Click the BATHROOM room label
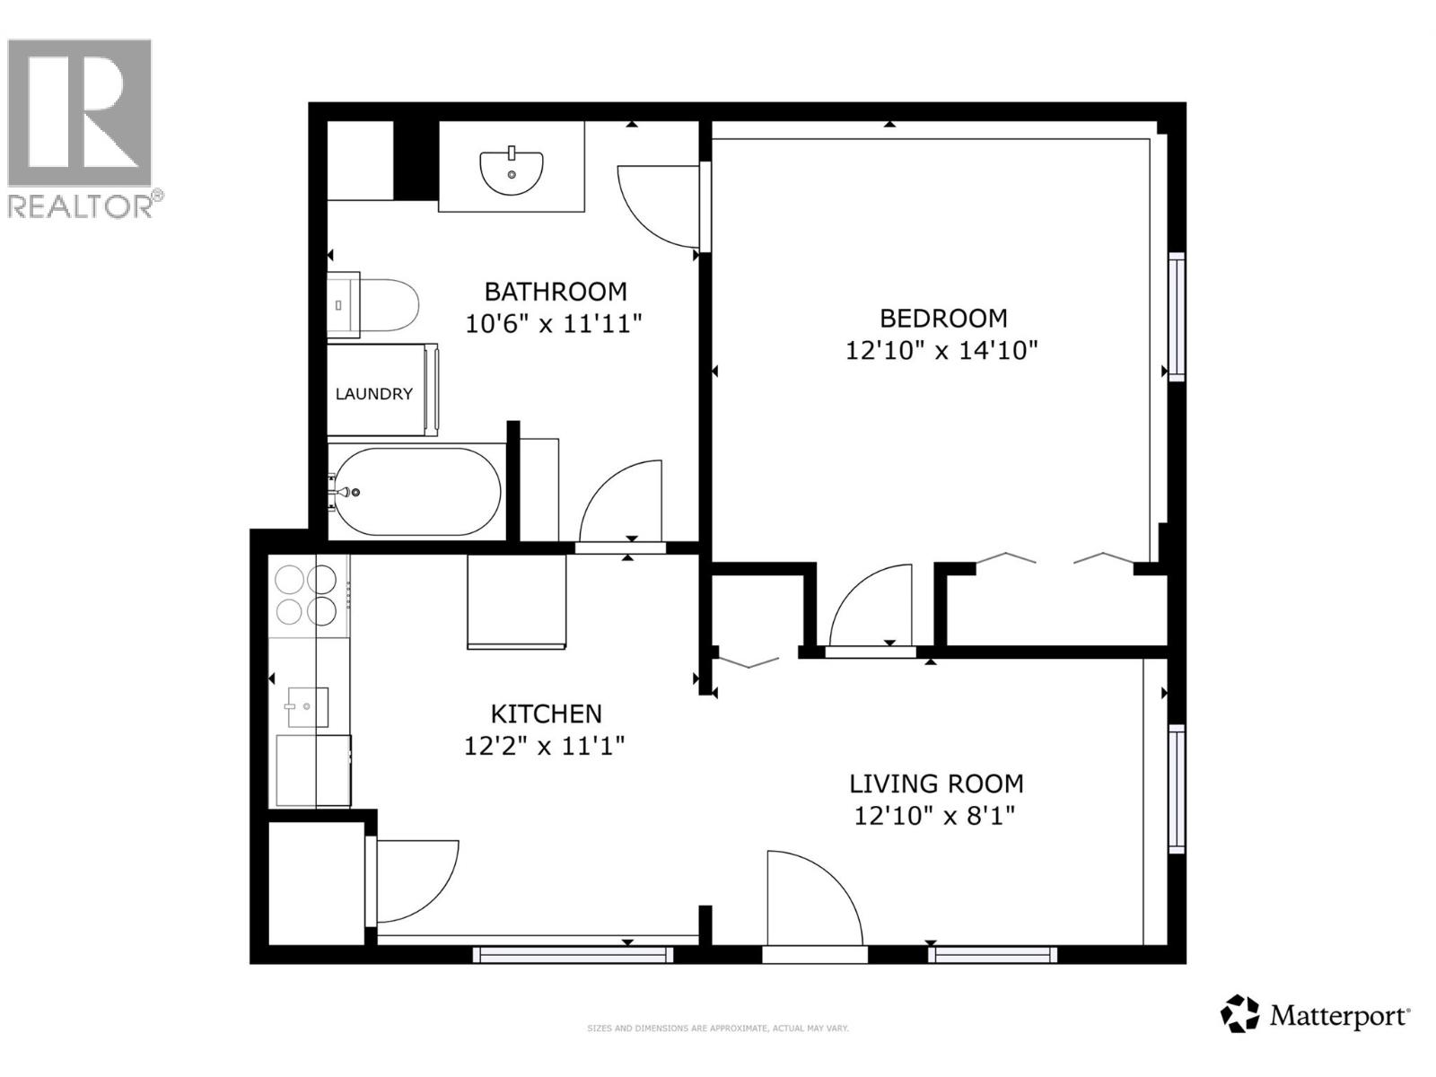(x=555, y=292)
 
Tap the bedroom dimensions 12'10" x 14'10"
(x=941, y=350)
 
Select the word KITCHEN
(x=546, y=714)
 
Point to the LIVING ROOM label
(x=936, y=784)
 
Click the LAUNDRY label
(x=373, y=394)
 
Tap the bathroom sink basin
(x=512, y=172)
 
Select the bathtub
(x=416, y=491)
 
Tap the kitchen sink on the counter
(x=306, y=706)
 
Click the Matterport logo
(x=1316, y=1015)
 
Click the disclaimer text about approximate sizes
(x=717, y=1029)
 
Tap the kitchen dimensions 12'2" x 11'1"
(x=544, y=746)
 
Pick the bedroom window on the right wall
(x=1176, y=316)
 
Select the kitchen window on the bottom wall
(x=573, y=955)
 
